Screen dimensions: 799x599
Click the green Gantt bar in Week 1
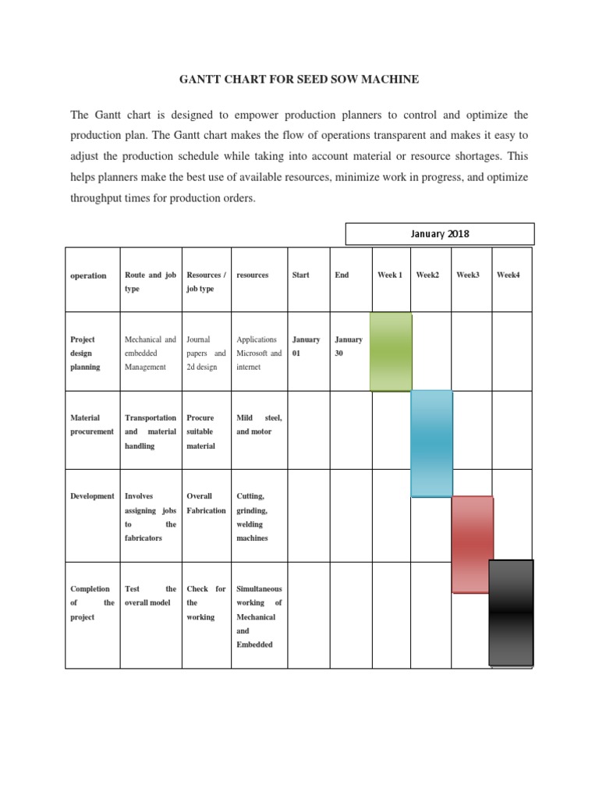391,351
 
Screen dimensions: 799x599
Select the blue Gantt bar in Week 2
431,443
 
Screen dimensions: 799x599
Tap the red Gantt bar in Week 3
472,544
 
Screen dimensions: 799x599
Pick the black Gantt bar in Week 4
511,613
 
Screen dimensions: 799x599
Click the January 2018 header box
440,234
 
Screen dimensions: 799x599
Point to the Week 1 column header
390,275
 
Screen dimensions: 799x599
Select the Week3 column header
468,275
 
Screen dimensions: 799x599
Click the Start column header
300,275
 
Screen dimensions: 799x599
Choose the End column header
342,275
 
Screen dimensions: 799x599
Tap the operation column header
88,276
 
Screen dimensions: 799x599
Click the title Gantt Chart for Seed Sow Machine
299,80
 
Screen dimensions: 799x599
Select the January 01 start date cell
306,346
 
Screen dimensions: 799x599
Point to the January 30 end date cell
348,346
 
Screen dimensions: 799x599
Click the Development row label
92,496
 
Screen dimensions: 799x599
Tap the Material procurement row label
92,424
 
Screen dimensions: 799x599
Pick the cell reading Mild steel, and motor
259,424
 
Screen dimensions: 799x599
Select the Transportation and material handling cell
151,431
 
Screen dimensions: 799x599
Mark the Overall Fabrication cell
206,503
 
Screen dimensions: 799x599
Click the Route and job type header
151,282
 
